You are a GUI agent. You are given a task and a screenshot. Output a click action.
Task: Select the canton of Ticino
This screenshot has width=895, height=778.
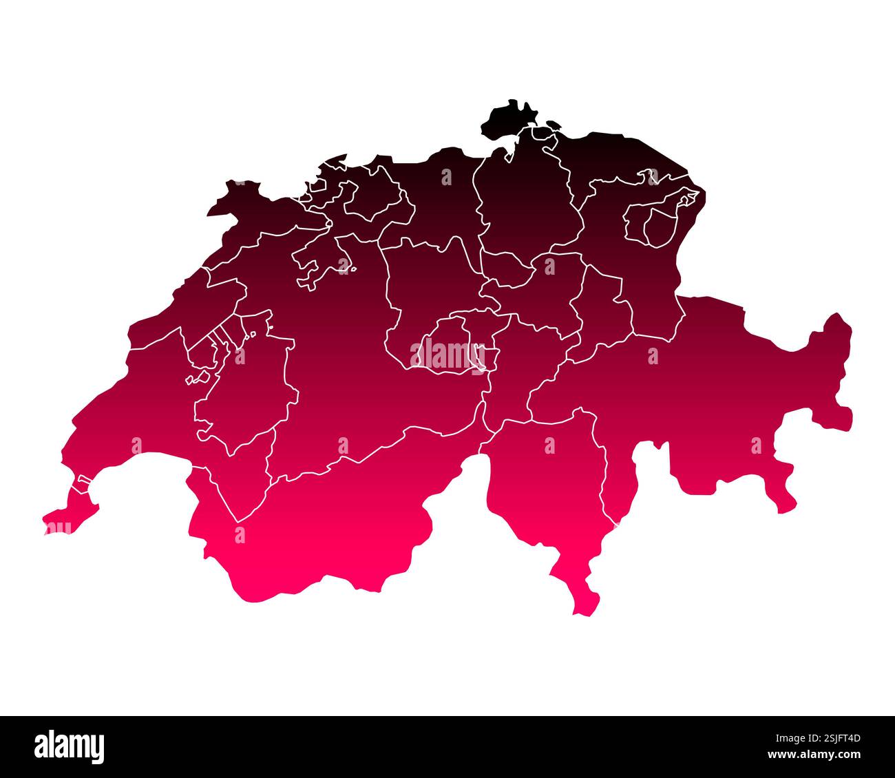[x=551, y=482]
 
